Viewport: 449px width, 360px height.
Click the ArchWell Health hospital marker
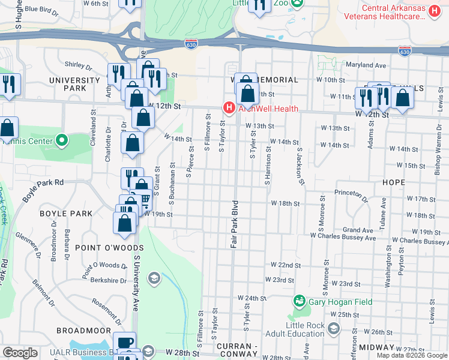[228, 108]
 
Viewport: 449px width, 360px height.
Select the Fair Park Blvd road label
[235, 224]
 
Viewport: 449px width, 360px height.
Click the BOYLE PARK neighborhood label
[66, 214]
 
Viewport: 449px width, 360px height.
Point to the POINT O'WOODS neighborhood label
[109, 248]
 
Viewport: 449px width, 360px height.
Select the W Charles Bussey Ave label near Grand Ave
[343, 238]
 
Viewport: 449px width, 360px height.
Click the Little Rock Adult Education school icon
[334, 329]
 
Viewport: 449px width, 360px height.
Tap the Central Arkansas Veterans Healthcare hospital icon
[435, 11]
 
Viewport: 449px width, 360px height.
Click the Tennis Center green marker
[61, 141]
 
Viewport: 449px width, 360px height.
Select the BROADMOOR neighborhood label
[83, 331]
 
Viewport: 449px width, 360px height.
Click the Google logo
[20, 353]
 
